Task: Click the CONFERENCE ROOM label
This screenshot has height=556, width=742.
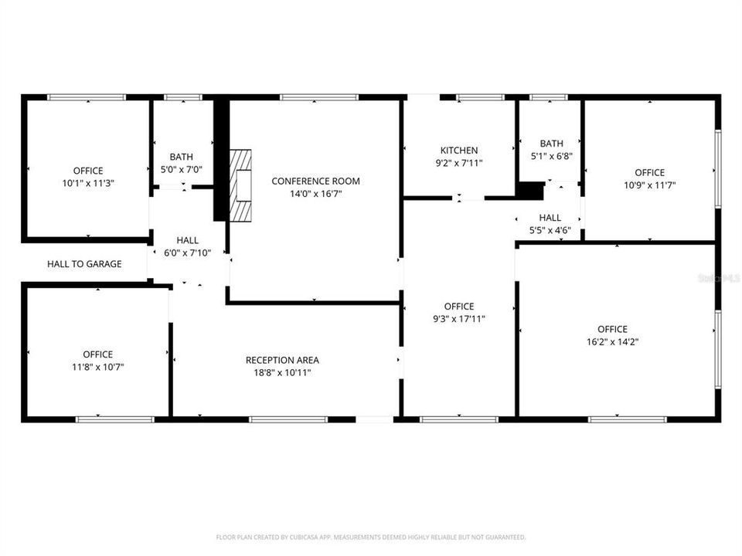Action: [x=315, y=181]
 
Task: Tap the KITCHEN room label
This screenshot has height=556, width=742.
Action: [x=459, y=151]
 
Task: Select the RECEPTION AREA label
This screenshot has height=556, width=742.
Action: [x=282, y=360]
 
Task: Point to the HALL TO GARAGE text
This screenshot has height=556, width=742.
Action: [x=84, y=264]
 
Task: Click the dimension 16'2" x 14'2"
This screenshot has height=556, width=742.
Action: [x=612, y=341]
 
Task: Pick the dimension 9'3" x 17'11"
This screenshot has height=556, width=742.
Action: [x=459, y=318]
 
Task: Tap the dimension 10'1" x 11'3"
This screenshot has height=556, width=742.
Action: [x=87, y=183]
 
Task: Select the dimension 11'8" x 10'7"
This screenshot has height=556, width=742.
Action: [x=97, y=367]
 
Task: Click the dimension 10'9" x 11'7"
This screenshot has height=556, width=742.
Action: [x=649, y=185]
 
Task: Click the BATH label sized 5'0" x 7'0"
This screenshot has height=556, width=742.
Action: [x=182, y=157]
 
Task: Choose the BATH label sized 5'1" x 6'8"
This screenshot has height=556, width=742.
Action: [x=551, y=144]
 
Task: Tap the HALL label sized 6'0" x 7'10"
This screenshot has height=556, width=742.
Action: [x=187, y=241]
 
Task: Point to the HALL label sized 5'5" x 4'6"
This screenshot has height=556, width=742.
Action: [x=550, y=218]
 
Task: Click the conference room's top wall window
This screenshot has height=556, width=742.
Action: [x=318, y=97]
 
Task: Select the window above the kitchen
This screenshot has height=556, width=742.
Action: [x=479, y=97]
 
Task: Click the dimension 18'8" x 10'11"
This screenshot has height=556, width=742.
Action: [x=282, y=372]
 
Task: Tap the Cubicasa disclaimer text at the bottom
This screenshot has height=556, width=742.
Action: [x=371, y=537]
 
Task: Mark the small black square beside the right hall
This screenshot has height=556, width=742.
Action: [x=530, y=191]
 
